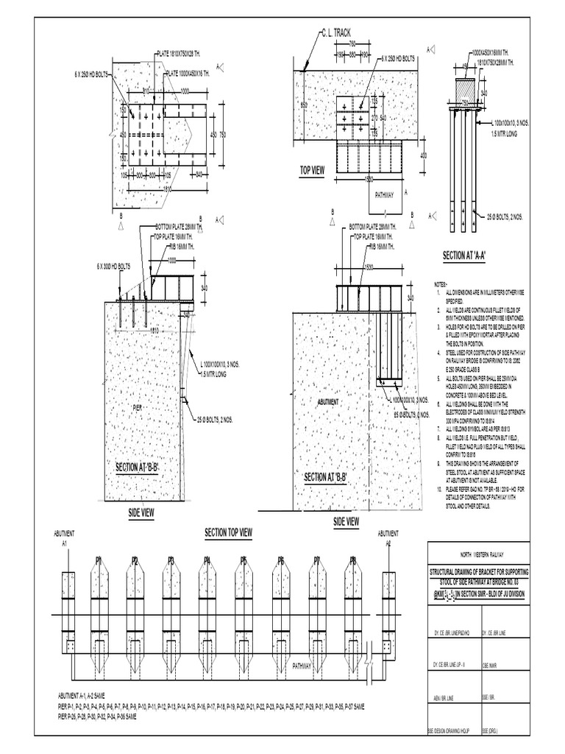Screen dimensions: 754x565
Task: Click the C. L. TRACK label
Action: pyautogui.click(x=335, y=33)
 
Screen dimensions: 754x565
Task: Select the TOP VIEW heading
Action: pyautogui.click(x=311, y=170)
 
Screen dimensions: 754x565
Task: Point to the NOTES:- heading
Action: pyautogui.click(x=441, y=283)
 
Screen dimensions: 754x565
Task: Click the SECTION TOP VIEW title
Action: pyautogui.click(x=229, y=532)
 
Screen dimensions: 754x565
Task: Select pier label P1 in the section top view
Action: pyautogui.click(x=98, y=560)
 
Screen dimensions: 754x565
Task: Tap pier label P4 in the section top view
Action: pyautogui.click(x=207, y=560)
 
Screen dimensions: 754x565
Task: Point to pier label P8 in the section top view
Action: pyautogui.click(x=352, y=560)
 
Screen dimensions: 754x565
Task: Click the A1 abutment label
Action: pyautogui.click(x=65, y=543)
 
